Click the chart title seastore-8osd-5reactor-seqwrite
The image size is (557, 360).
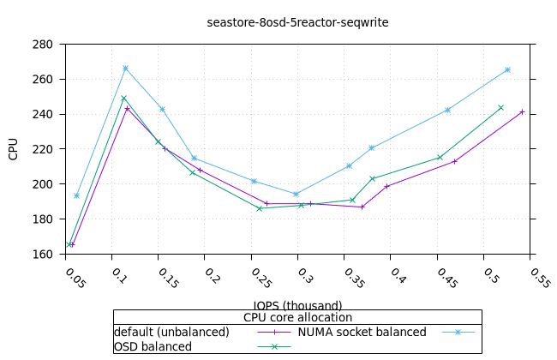pyautogui.click(x=297, y=22)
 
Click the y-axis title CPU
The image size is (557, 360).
pyautogui.click(x=13, y=149)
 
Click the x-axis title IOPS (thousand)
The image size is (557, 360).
pyautogui.click(x=297, y=305)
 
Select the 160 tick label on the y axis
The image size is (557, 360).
pyautogui.click(x=42, y=254)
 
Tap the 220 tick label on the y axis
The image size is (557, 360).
pyautogui.click(x=42, y=149)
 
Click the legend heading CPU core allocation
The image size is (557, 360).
pyautogui.click(x=297, y=317)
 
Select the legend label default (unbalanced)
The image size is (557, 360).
pyautogui.click(x=171, y=332)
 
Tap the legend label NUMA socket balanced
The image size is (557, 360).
pyautogui.click(x=362, y=332)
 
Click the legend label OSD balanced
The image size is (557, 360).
pyautogui.click(x=153, y=346)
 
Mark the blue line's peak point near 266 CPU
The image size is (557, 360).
pyautogui.click(x=125, y=69)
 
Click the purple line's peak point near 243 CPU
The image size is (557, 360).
pyautogui.click(x=127, y=109)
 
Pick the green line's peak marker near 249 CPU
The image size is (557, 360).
pyautogui.click(x=123, y=99)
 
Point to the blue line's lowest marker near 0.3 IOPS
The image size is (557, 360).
pyautogui.click(x=296, y=195)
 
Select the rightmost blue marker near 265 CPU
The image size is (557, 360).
pyautogui.click(x=507, y=70)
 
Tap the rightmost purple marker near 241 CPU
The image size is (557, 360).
pyautogui.click(x=522, y=112)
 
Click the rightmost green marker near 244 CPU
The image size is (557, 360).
pyautogui.click(x=501, y=108)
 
